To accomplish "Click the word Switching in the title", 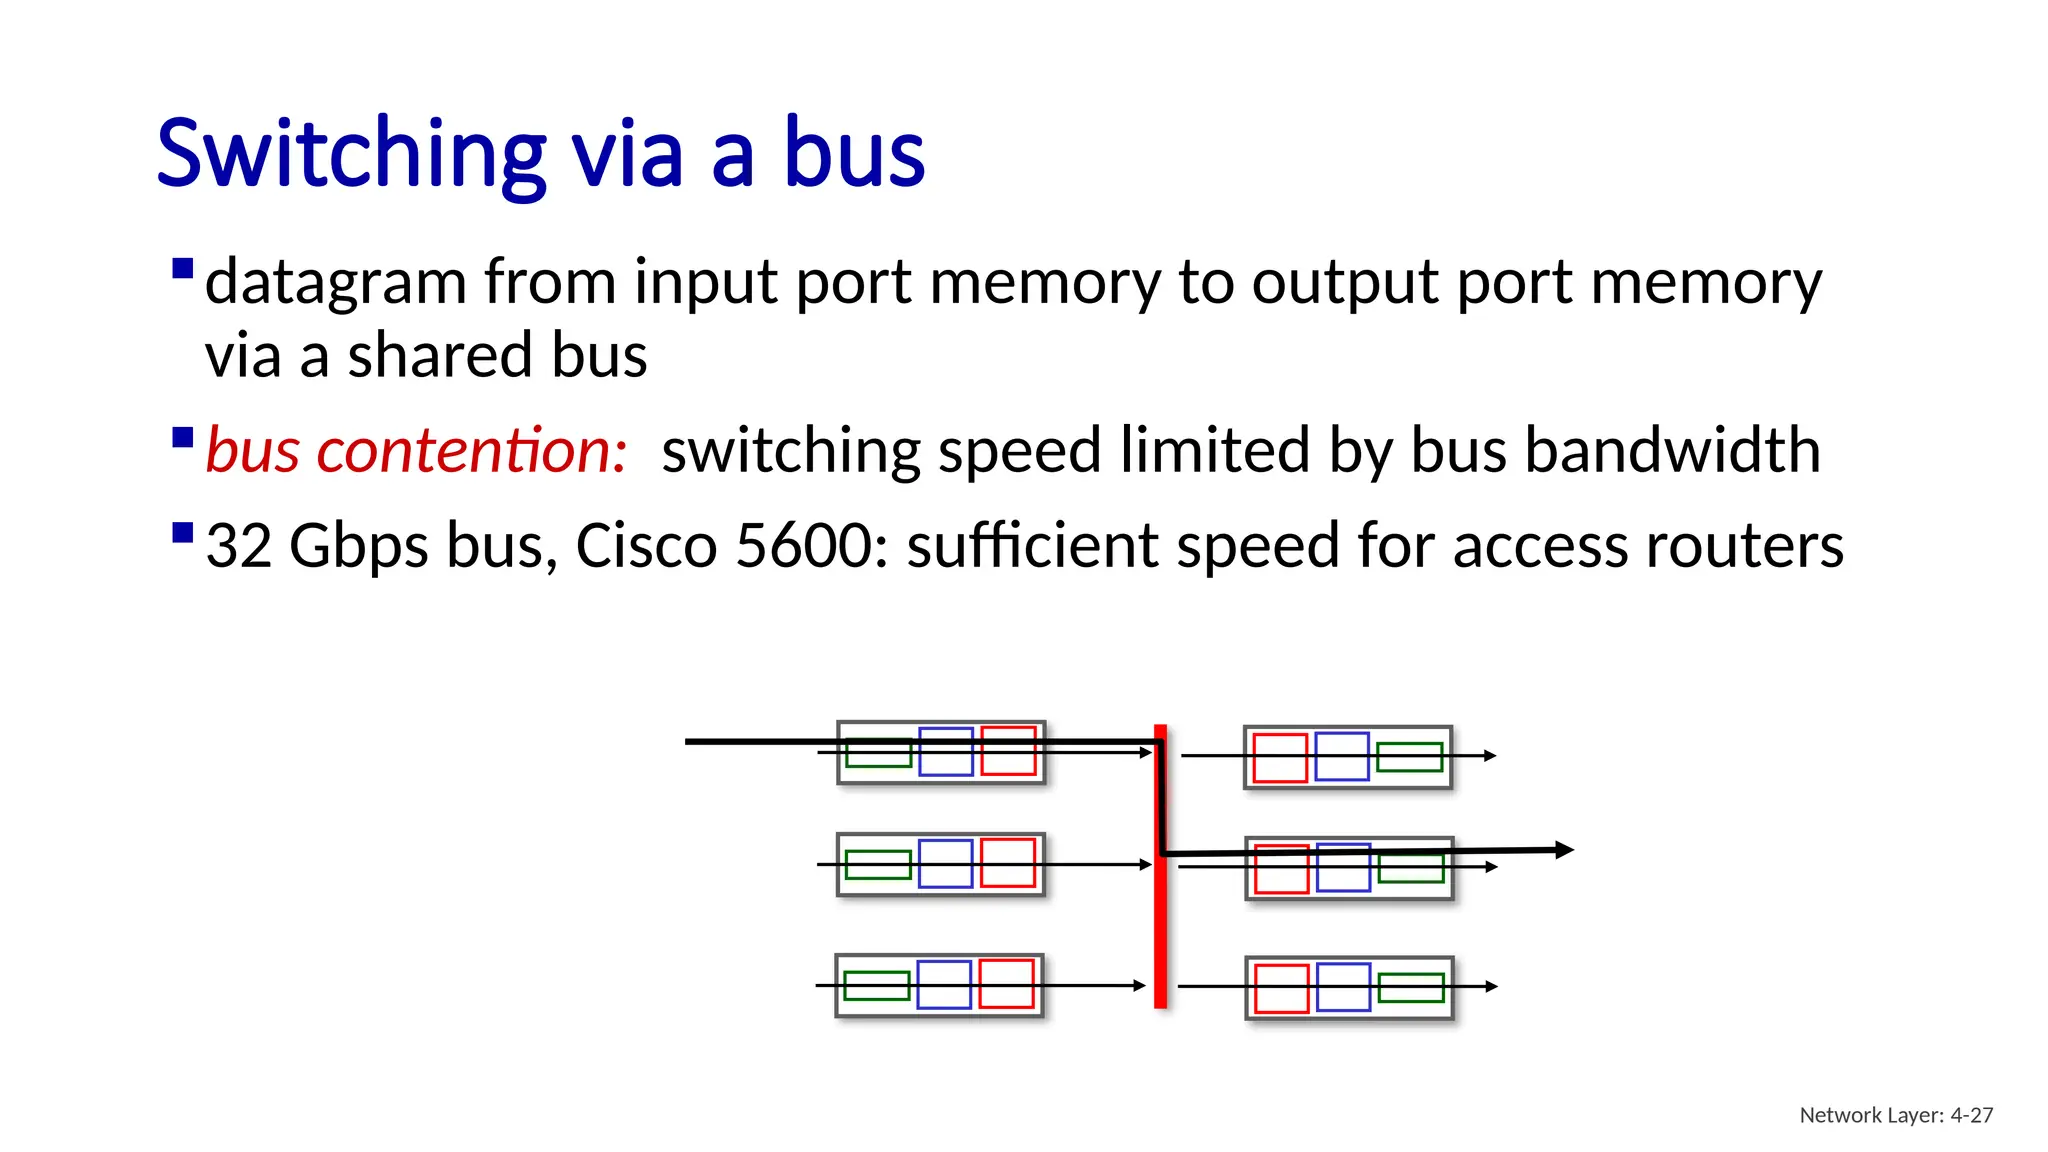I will pyautogui.click(x=350, y=155).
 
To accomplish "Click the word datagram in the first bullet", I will pyautogui.click(x=336, y=283).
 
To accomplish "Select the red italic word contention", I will pyautogui.click(x=471, y=450).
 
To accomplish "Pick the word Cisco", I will pyautogui.click(x=646, y=546).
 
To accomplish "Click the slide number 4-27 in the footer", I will pyautogui.click(x=1971, y=1115).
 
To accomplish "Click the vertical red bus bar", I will pyautogui.click(x=1160, y=930).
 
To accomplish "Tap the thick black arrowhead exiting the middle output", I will pyautogui.click(x=1564, y=850).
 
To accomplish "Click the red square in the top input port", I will pyautogui.click(x=1008, y=751).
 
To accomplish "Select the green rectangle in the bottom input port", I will pyautogui.click(x=876, y=986).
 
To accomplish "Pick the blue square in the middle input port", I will pyautogui.click(x=945, y=864).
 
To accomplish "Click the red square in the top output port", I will pyautogui.click(x=1279, y=758).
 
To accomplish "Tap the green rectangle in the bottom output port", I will pyautogui.click(x=1411, y=988).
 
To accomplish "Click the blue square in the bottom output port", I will pyautogui.click(x=1343, y=987).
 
